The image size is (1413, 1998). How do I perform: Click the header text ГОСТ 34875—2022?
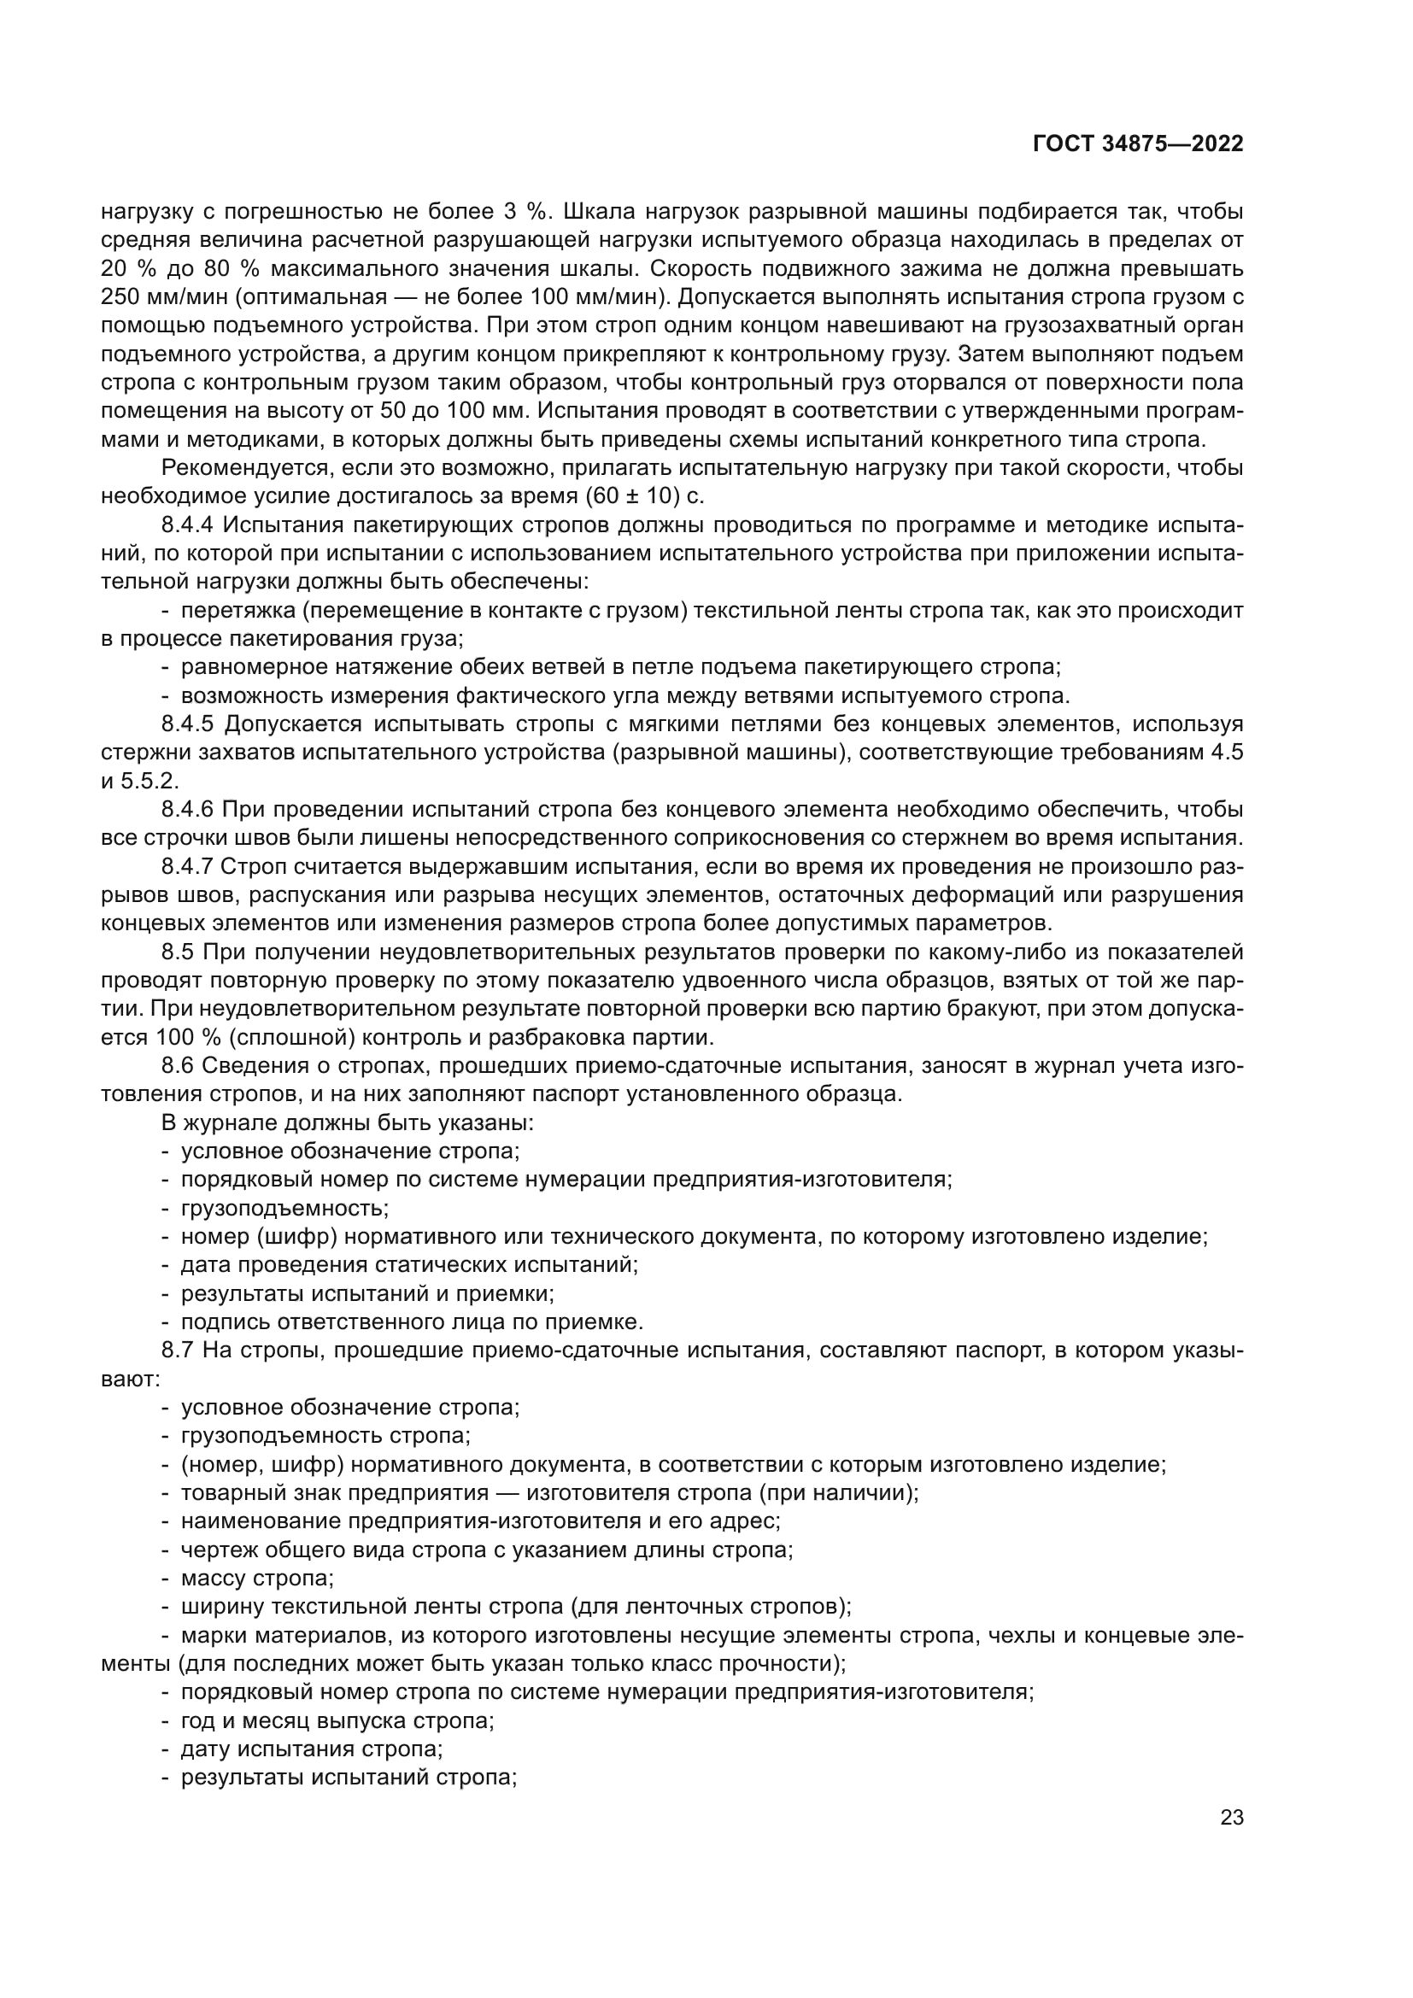(1138, 144)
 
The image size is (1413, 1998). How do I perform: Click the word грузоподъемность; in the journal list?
(284, 1208)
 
